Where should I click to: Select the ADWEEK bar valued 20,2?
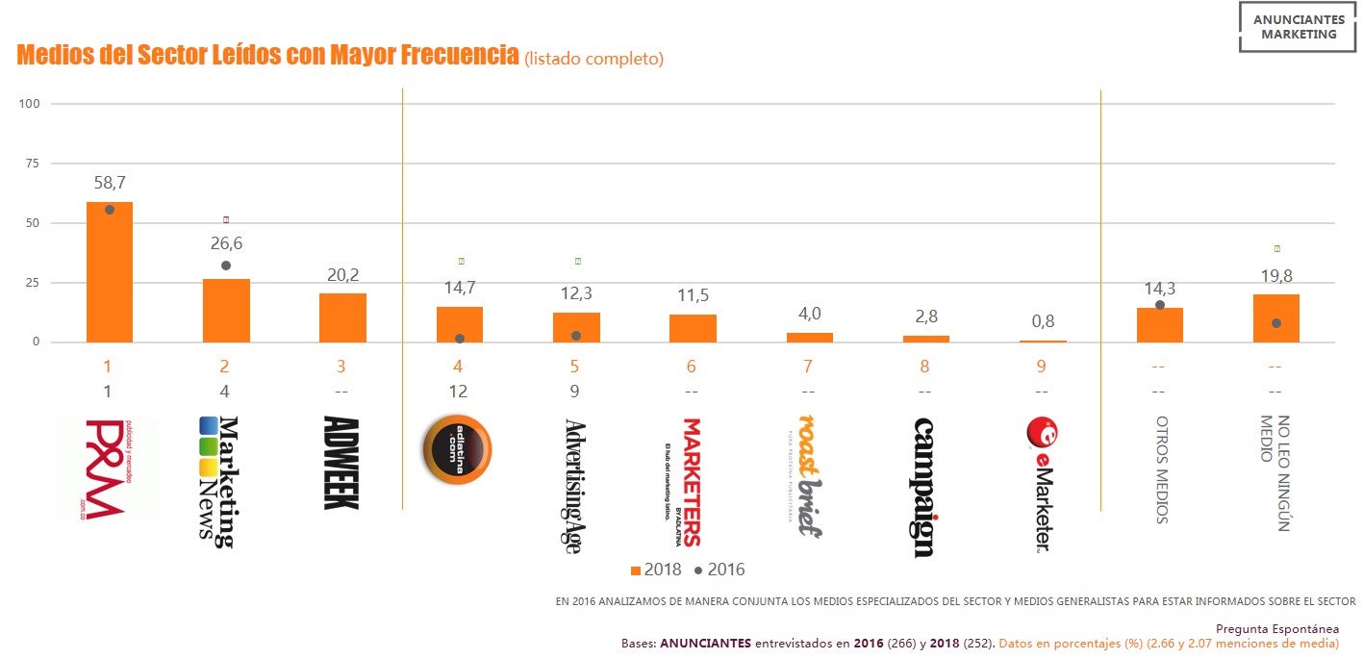342,318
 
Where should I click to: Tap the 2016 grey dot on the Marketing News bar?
226,266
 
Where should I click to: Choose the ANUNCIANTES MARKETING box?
1299,27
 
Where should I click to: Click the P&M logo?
107,469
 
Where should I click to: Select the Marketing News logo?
218,481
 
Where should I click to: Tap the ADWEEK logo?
341,463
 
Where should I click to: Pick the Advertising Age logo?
574,486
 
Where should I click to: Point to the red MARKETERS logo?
690,481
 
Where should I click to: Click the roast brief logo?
808,476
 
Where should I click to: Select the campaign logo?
923,487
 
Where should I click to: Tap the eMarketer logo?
1041,485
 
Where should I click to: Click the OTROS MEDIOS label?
1161,469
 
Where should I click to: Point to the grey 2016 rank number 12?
458,392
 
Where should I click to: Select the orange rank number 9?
1042,367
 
